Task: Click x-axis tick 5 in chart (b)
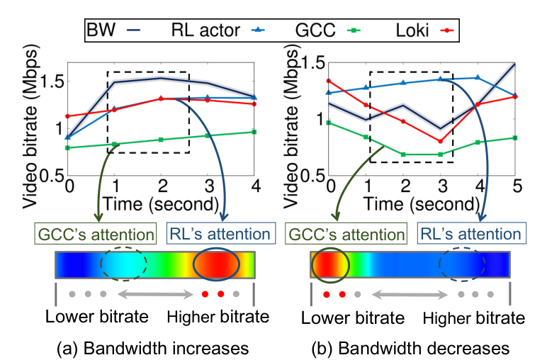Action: [516, 186]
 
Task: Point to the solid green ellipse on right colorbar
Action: [331, 265]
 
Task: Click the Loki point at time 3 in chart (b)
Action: [441, 141]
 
